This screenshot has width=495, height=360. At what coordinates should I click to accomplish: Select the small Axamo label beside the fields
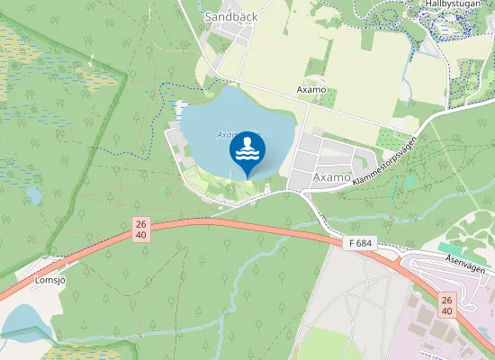[x=310, y=91]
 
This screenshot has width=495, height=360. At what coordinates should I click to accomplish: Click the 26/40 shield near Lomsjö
[x=139, y=229]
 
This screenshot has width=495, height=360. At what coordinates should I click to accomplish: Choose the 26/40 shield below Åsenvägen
[x=447, y=305]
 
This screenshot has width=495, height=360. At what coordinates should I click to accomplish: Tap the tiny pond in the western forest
[x=33, y=195]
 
